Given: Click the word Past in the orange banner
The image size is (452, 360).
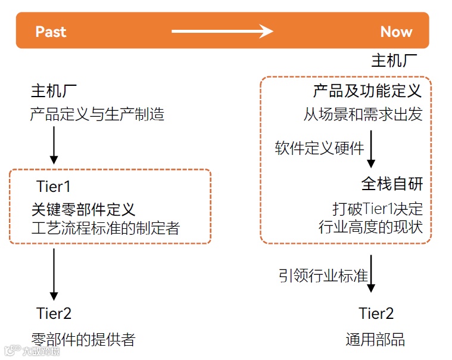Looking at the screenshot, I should coord(51,32).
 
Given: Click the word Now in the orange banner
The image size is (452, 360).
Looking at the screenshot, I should coord(396,32).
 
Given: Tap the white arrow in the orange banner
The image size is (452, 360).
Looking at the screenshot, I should coord(222,31).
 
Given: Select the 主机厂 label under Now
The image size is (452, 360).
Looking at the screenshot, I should coord(394,61).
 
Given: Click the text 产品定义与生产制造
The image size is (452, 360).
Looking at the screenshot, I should coord(97,113).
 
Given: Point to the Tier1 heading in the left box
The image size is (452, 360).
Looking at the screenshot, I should coord(54,186).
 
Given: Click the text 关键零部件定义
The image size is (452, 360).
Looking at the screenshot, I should coord(83,209).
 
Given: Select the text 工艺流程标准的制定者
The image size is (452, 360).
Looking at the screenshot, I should coord(105,228).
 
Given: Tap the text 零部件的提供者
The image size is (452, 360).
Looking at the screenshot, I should coord(83,340).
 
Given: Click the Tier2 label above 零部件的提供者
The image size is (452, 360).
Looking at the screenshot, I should coord(54,313).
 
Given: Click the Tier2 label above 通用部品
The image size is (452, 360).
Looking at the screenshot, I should coord(376,313).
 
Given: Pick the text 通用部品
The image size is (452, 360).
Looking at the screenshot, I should coord(375,340).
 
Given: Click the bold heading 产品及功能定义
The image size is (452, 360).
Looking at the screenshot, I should coord(367,91).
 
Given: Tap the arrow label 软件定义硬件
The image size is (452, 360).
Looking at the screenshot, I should coord(319,148).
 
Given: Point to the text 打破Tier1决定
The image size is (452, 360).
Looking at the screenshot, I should coord(378,209).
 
